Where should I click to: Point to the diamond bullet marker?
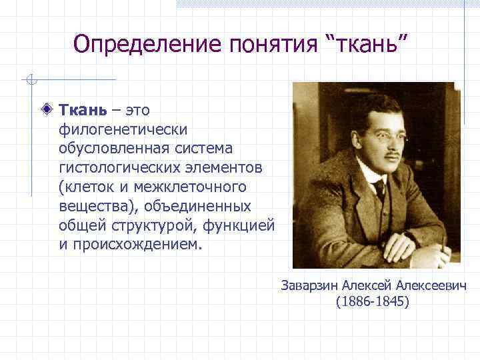click(x=45, y=109)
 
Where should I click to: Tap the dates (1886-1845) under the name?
click(x=373, y=302)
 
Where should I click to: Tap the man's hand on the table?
click(x=437, y=257)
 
